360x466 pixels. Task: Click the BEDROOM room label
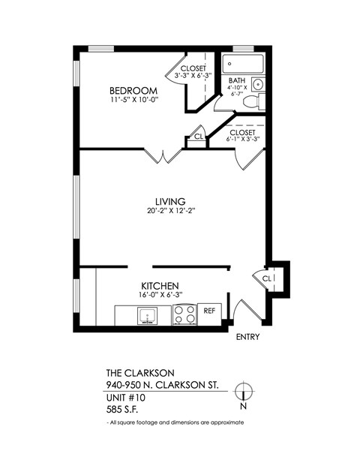pyautogui.click(x=133, y=91)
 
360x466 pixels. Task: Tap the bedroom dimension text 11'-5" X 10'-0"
pyautogui.click(x=133, y=101)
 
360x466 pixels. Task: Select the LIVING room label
pyautogui.click(x=170, y=201)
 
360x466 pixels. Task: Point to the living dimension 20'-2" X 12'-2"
pyautogui.click(x=170, y=212)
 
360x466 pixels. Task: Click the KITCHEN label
pyautogui.click(x=160, y=286)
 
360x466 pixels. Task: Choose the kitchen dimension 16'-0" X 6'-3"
pyautogui.click(x=160, y=296)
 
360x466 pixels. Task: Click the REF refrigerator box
pyautogui.click(x=210, y=311)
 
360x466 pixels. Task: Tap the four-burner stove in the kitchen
pyautogui.click(x=184, y=314)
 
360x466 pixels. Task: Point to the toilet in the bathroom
pyautogui.click(x=254, y=99)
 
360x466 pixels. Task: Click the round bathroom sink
pyautogui.click(x=257, y=83)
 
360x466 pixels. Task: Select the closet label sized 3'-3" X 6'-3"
pyautogui.click(x=192, y=71)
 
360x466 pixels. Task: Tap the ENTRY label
pyautogui.click(x=247, y=337)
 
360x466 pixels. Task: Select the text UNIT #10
pyautogui.click(x=127, y=398)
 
